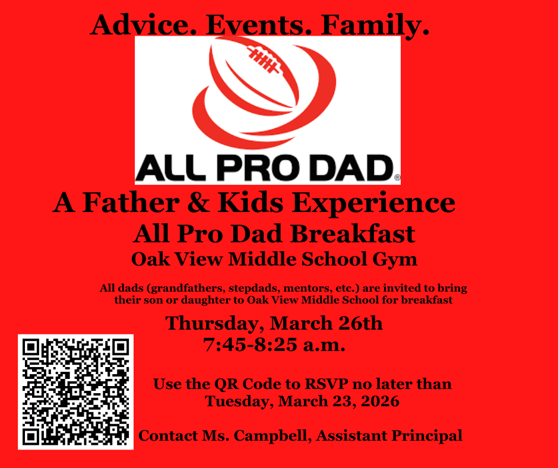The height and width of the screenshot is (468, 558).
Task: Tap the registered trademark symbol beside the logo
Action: click(x=397, y=177)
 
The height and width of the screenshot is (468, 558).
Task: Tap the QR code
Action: click(x=76, y=391)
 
